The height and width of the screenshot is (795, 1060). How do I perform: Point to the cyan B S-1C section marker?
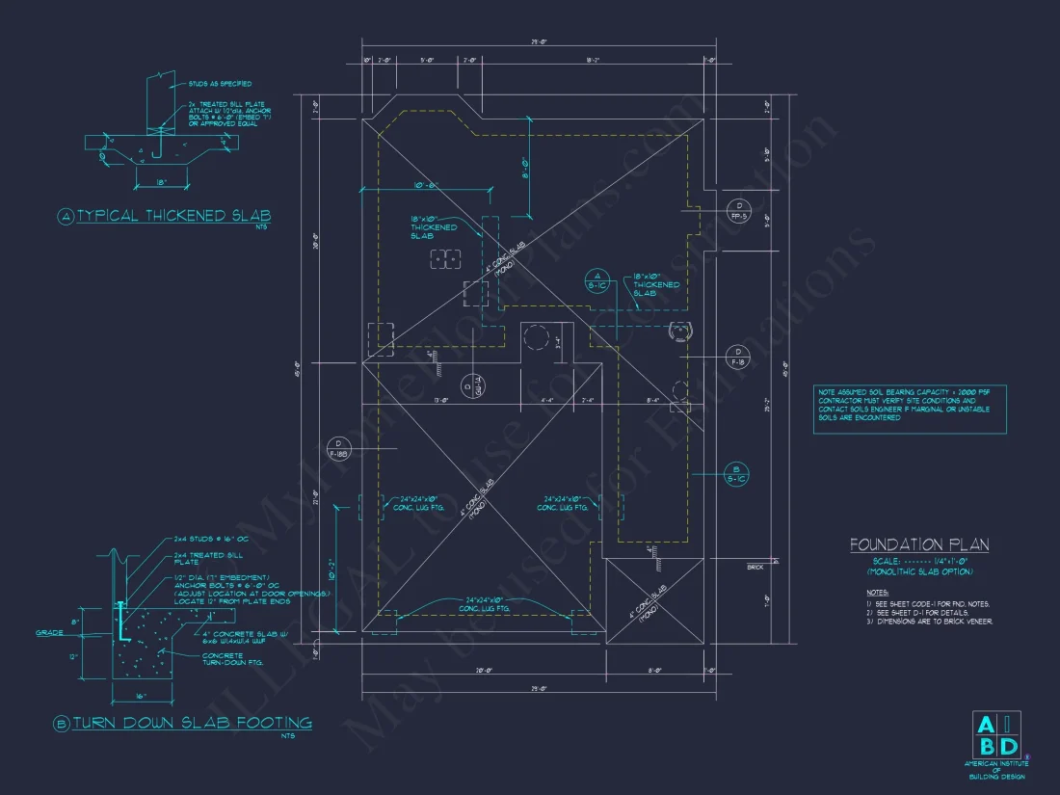[736, 471]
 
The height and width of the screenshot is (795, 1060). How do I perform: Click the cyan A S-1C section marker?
[598, 280]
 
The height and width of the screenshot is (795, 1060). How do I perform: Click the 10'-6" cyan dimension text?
[426, 186]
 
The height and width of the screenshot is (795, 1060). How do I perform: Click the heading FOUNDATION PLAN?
[918, 545]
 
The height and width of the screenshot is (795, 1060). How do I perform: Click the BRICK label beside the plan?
[755, 568]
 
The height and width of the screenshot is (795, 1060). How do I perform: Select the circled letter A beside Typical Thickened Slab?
[66, 217]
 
